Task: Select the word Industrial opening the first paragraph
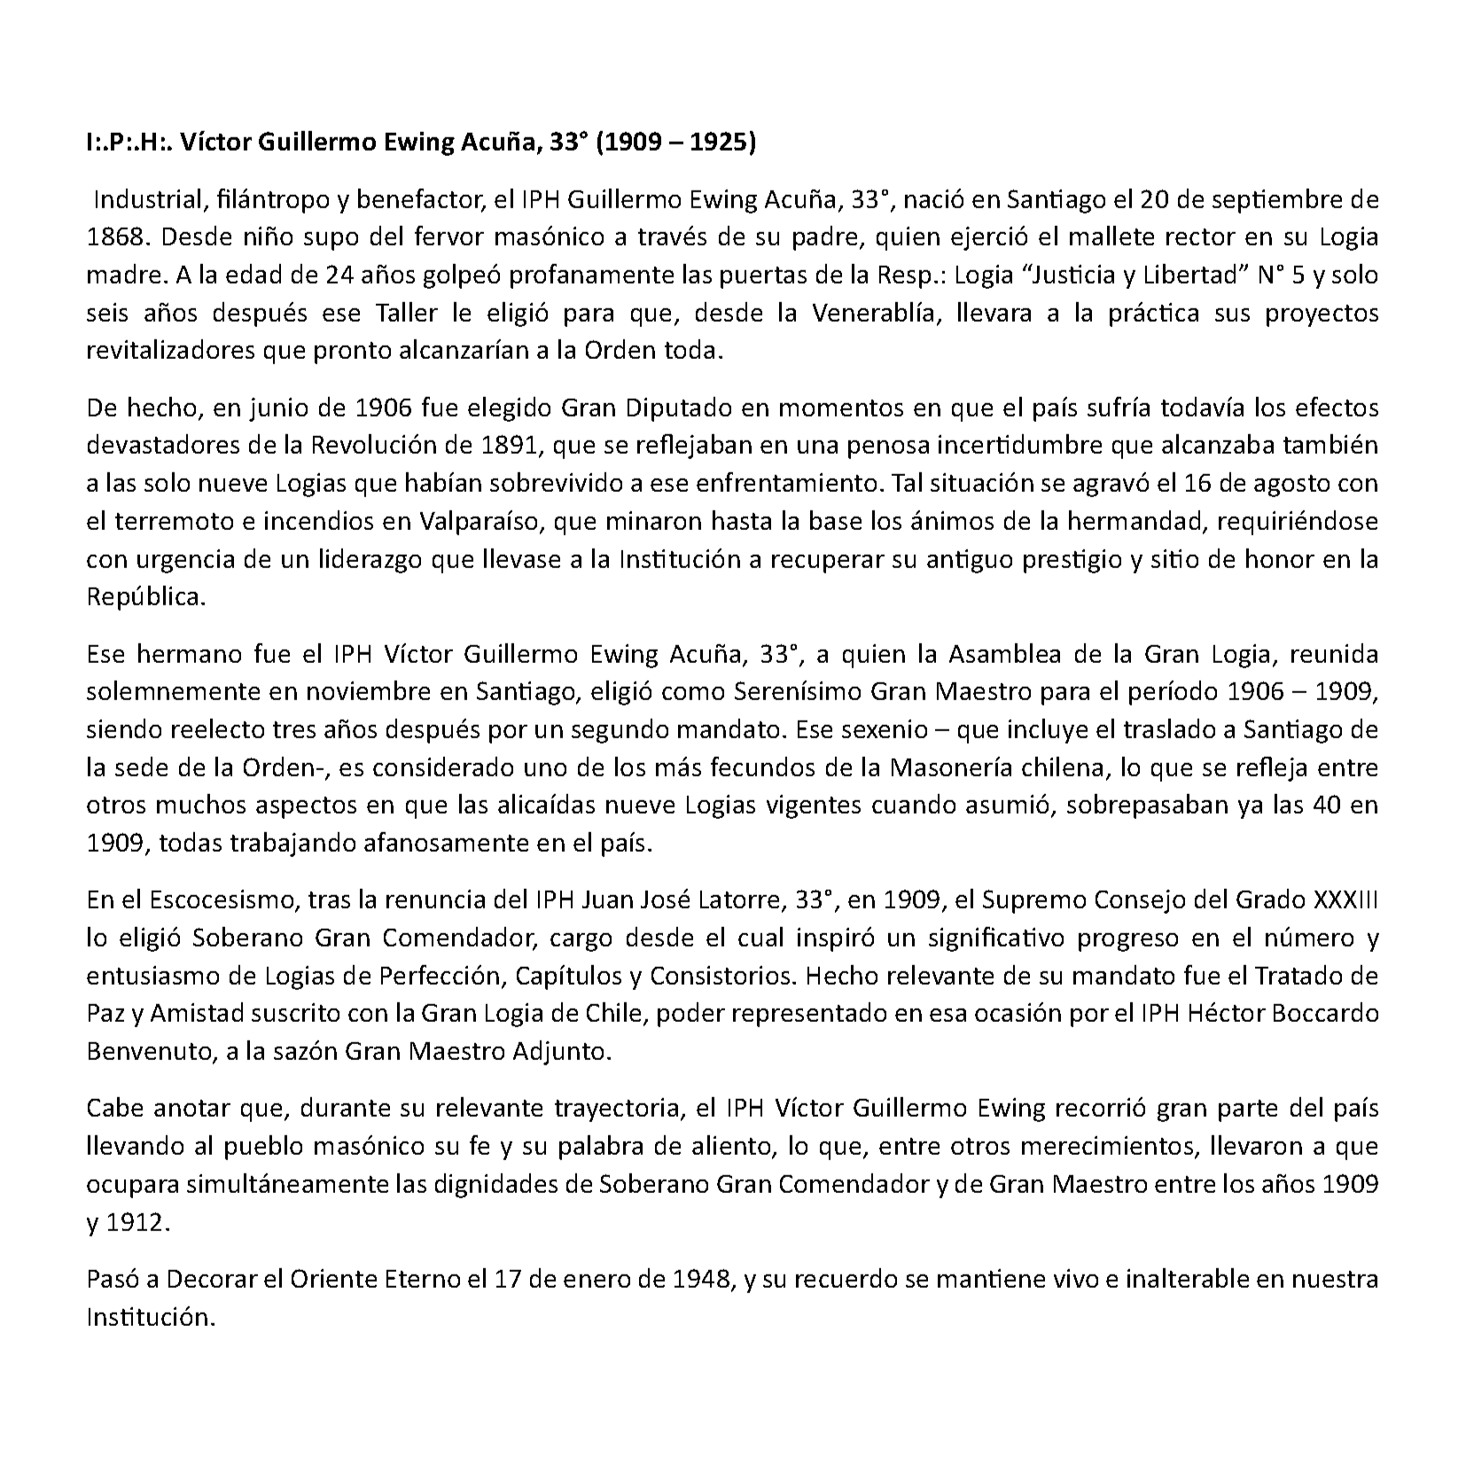[x=149, y=199]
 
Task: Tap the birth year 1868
[x=117, y=238]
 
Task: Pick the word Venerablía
[x=873, y=313]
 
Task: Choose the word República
[x=145, y=597]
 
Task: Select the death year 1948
[x=702, y=1280]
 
